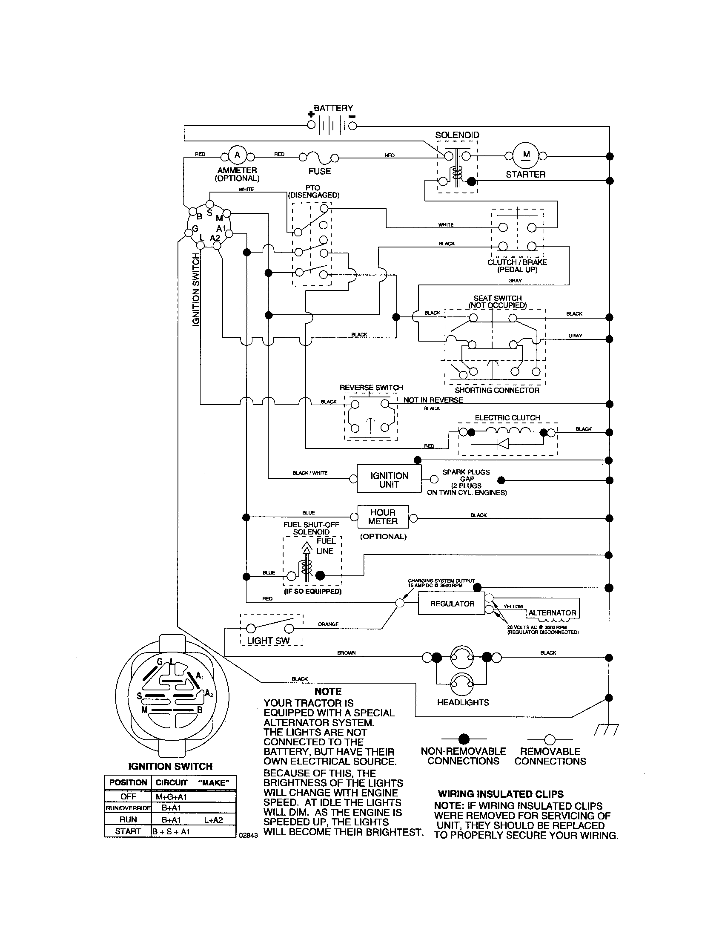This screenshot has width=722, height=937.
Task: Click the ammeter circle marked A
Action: pyautogui.click(x=237, y=155)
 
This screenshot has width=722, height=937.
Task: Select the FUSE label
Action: pyautogui.click(x=320, y=171)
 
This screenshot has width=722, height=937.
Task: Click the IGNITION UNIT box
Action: pyautogui.click(x=389, y=480)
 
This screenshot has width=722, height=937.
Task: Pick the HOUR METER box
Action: pyautogui.click(x=383, y=517)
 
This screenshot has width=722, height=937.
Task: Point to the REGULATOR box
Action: pyautogui.click(x=452, y=604)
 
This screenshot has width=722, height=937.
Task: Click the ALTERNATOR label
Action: pyautogui.click(x=552, y=612)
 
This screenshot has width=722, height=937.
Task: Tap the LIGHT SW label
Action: pyautogui.click(x=268, y=641)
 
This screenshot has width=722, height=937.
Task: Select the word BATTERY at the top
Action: pyautogui.click(x=333, y=108)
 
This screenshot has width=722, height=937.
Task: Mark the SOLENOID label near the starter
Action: pyautogui.click(x=457, y=135)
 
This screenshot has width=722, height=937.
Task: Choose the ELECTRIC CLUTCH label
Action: pyautogui.click(x=507, y=418)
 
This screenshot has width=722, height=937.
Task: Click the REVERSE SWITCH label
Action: pyautogui.click(x=371, y=388)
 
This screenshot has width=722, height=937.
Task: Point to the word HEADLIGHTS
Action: pyautogui.click(x=463, y=702)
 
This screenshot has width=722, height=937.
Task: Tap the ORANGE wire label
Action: pyautogui.click(x=328, y=624)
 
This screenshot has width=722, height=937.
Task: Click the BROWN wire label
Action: pyautogui.click(x=347, y=653)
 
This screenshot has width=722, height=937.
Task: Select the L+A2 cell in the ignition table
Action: pyautogui.click(x=214, y=820)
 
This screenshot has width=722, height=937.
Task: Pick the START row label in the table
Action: pyautogui.click(x=128, y=831)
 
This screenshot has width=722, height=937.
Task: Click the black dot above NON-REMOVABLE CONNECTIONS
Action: pyautogui.click(x=464, y=739)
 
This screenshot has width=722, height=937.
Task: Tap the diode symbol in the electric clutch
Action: pyautogui.click(x=503, y=444)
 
